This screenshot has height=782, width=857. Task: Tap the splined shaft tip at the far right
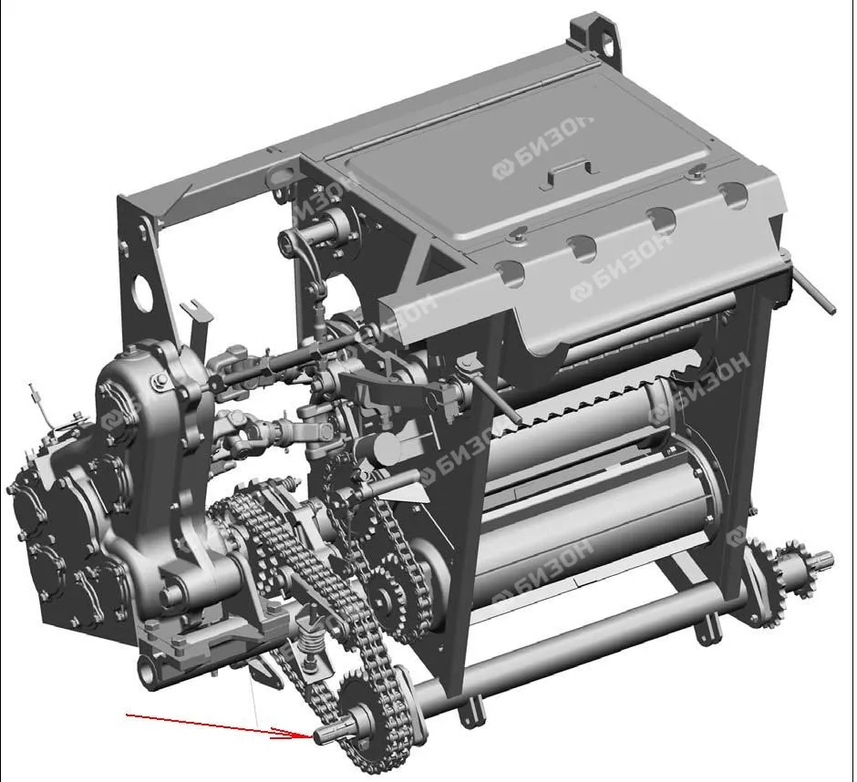(821, 561)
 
